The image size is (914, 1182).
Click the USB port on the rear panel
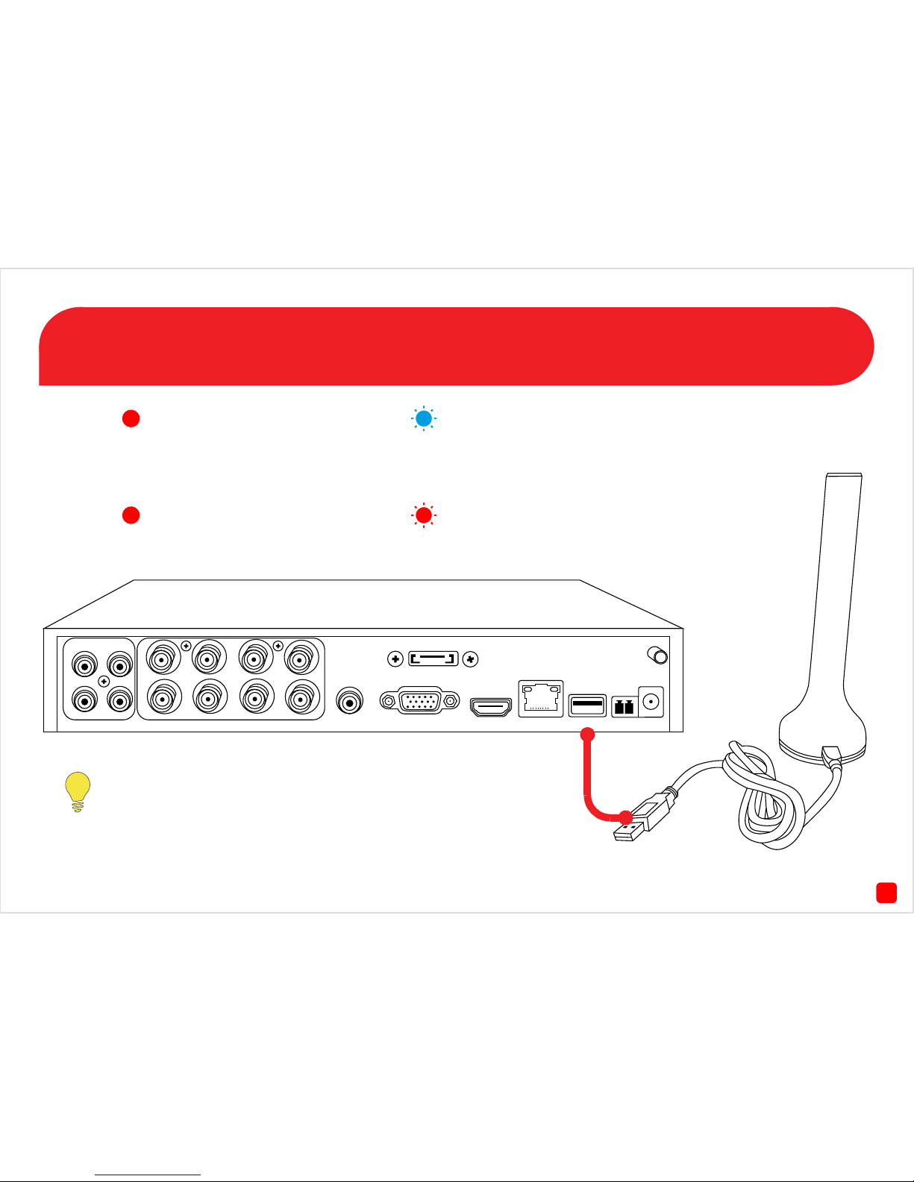pyautogui.click(x=587, y=704)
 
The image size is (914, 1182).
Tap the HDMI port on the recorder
pyautogui.click(x=490, y=706)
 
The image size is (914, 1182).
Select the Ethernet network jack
pyautogui.click(x=540, y=699)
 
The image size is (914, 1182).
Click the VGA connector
pyautogui.click(x=419, y=702)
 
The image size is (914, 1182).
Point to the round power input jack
pyautogui.click(x=652, y=702)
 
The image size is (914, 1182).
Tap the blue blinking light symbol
pyautogui.click(x=424, y=419)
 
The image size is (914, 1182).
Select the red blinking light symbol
pyautogui.click(x=424, y=515)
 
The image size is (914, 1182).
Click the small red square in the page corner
pyautogui.click(x=886, y=893)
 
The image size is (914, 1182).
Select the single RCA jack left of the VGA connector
pyautogui.click(x=349, y=701)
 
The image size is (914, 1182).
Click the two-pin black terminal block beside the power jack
pyautogui.click(x=623, y=706)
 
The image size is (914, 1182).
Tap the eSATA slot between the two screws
pyautogui.click(x=433, y=659)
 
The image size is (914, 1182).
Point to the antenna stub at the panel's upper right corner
pyautogui.click(x=658, y=656)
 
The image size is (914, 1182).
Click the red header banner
pyautogui.click(x=455, y=346)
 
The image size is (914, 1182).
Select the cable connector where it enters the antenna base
pyautogui.click(x=830, y=756)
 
